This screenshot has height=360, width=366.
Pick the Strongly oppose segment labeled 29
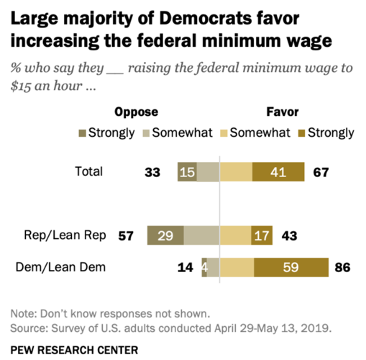click(x=165, y=235)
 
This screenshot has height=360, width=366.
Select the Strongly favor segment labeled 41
click(x=278, y=171)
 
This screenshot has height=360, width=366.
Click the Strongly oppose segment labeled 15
click(x=187, y=171)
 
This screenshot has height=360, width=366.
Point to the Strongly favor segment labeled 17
click(x=261, y=235)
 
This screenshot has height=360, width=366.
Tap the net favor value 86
click(x=343, y=268)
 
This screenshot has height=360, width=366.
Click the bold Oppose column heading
click(x=136, y=112)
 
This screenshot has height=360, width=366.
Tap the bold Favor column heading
click(x=280, y=112)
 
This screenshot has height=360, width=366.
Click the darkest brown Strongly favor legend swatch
click(x=302, y=132)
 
